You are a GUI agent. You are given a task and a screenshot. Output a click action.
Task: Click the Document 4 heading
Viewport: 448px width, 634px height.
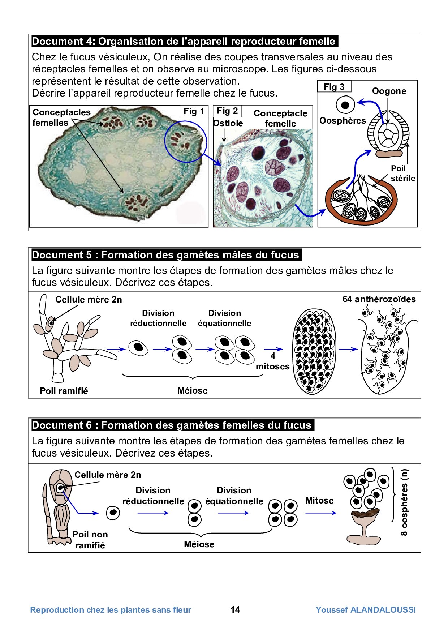(184, 41)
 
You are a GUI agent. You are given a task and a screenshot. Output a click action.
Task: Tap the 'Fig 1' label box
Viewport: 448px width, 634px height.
(194, 111)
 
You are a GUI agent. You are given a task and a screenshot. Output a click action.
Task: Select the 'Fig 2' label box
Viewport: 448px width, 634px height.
(227, 111)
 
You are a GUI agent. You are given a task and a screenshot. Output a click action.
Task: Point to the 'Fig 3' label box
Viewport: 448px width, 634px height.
(334, 87)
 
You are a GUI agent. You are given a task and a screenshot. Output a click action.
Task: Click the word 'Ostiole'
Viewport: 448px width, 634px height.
(228, 123)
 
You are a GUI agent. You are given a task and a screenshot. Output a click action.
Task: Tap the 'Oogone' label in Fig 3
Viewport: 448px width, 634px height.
(389, 91)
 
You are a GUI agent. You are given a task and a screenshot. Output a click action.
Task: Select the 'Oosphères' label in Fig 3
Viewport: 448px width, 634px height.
(343, 121)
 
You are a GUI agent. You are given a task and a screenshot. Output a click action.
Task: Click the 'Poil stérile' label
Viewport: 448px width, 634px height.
(402, 173)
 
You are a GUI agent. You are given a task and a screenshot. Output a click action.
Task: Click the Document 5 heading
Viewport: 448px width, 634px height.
(165, 255)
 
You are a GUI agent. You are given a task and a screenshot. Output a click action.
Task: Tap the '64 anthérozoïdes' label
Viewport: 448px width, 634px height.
(379, 299)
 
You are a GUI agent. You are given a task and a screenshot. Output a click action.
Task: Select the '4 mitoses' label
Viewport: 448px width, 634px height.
(273, 361)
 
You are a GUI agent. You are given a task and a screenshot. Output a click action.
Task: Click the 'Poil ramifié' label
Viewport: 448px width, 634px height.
(64, 391)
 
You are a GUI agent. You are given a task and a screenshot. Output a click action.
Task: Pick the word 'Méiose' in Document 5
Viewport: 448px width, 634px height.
(193, 391)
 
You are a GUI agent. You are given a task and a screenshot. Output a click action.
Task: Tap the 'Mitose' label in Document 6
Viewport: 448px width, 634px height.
(319, 501)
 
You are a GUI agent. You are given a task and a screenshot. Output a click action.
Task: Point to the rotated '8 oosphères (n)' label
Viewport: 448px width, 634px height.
(404, 502)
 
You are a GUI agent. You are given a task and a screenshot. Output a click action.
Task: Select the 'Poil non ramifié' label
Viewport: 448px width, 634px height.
(90, 540)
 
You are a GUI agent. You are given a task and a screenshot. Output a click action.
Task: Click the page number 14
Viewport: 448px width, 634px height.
(235, 610)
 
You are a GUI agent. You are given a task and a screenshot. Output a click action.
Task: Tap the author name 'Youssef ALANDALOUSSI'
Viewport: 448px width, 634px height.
(366, 610)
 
